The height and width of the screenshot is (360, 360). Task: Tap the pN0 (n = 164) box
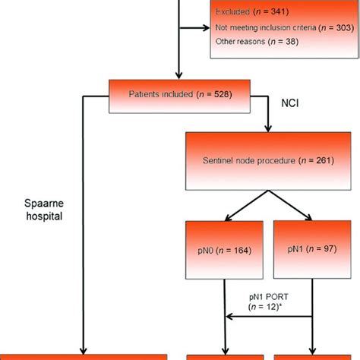click(x=225, y=250)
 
